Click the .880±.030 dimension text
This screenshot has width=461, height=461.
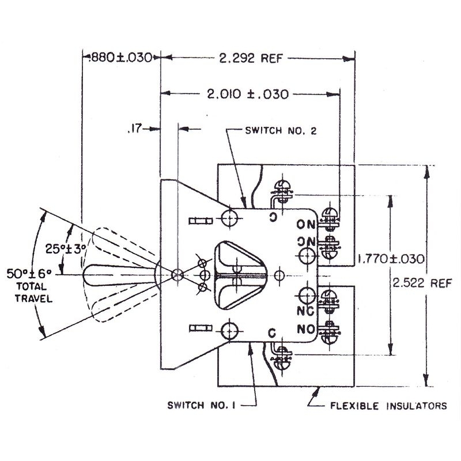click(121, 57)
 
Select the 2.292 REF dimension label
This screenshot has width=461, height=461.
click(251, 58)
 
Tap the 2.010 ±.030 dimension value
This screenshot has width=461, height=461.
click(248, 94)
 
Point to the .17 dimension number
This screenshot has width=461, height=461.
click(135, 129)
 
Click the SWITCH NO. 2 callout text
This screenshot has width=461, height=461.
click(281, 131)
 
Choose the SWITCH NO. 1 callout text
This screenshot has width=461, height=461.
click(201, 406)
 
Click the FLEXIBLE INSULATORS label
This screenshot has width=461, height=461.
click(388, 406)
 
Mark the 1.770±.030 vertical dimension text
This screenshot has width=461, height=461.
click(391, 259)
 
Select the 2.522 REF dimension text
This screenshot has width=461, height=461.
click(422, 283)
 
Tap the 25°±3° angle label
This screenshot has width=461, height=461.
click(66, 249)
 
